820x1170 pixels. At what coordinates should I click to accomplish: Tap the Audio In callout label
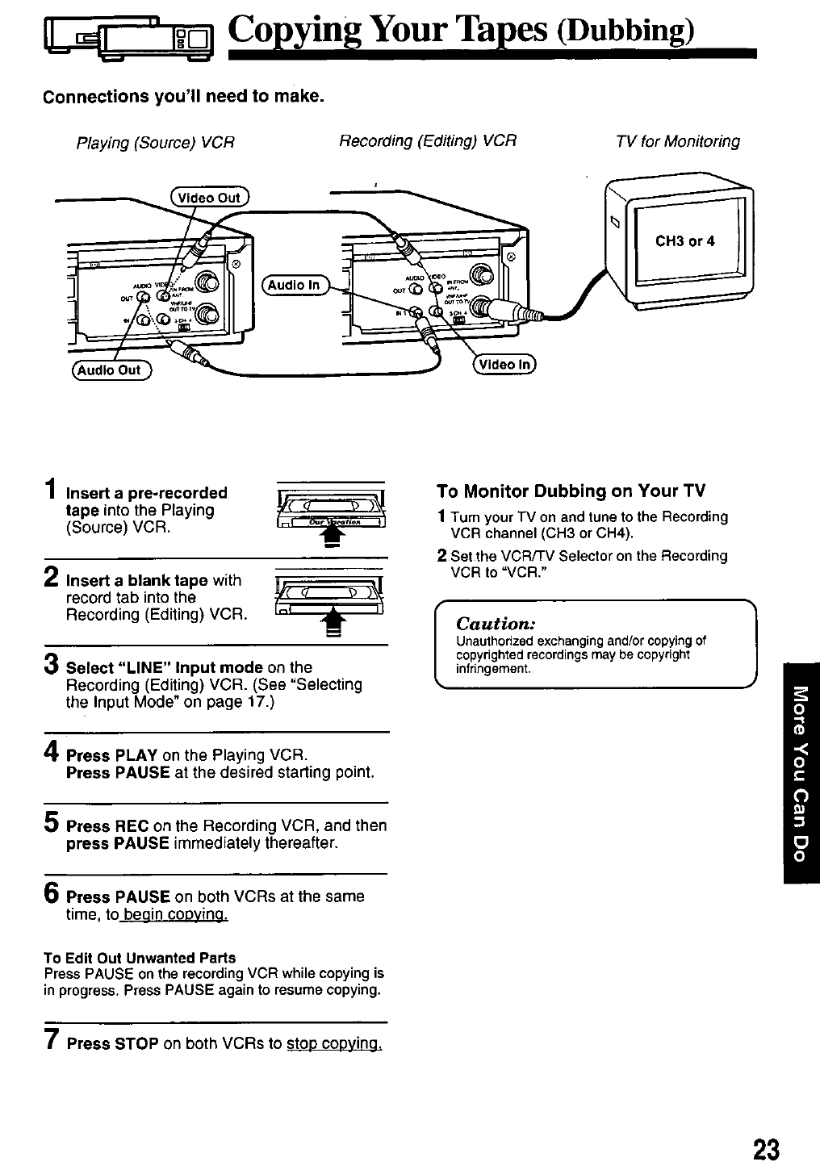(x=294, y=285)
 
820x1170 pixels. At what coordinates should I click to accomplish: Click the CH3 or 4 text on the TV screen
(x=684, y=240)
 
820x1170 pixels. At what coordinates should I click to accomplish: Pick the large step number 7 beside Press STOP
(x=51, y=1041)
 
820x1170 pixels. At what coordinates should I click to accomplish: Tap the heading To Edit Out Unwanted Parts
(x=140, y=958)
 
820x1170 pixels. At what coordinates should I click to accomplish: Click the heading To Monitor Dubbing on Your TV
(x=571, y=491)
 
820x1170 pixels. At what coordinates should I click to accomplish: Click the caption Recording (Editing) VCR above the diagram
(x=427, y=140)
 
